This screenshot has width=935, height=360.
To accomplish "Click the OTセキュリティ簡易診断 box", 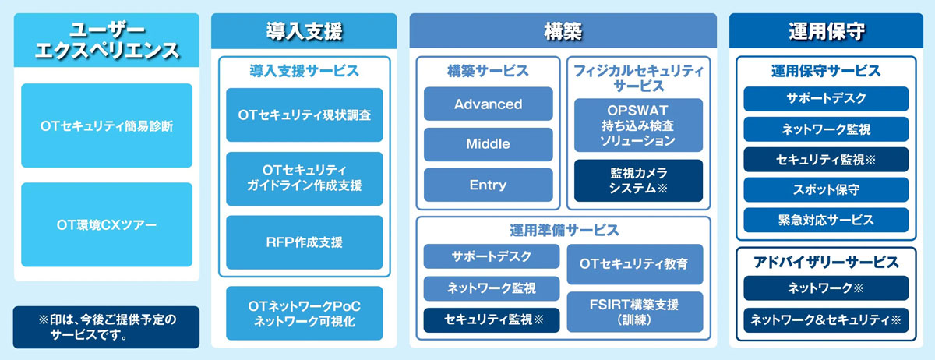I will [x=107, y=125].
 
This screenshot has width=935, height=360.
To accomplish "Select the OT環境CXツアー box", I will [x=107, y=224].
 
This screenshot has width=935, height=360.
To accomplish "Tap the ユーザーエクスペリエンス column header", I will [x=107, y=41].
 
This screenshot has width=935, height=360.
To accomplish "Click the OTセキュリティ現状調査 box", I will [x=304, y=115].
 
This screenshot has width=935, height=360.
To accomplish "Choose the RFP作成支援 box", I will [x=304, y=242].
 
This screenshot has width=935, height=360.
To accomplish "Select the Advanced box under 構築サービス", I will [x=488, y=104].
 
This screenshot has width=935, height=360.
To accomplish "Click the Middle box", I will [x=488, y=144].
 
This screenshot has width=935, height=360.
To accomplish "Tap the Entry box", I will [x=488, y=185].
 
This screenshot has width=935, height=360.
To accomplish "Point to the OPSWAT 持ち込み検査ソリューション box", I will [x=638, y=125].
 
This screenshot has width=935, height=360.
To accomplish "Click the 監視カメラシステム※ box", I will [x=638, y=180].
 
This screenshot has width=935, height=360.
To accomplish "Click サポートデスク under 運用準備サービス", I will [x=491, y=256].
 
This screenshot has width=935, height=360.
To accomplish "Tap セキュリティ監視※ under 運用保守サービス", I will [x=826, y=159].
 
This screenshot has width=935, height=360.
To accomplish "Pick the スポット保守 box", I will [x=826, y=189].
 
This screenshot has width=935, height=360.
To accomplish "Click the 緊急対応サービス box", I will [x=826, y=220].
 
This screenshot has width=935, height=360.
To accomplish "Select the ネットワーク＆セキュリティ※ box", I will [x=826, y=319].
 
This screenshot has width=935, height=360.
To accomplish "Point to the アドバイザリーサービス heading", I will [x=826, y=262].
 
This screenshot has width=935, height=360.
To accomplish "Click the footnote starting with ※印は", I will [x=107, y=327].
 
